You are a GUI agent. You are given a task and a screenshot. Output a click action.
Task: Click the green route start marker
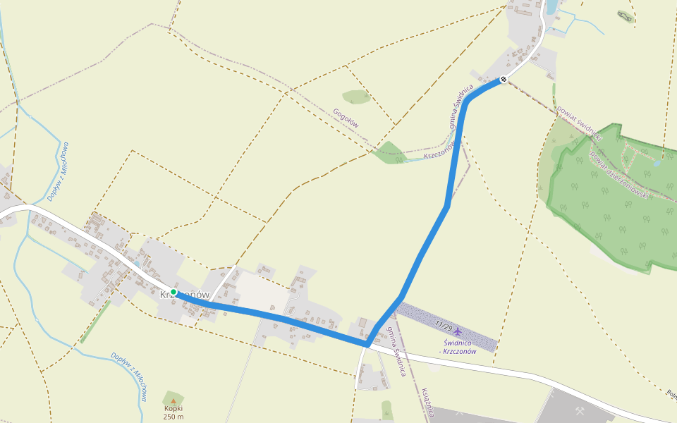click(x=173, y=292)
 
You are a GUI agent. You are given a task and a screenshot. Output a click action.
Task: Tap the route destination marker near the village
click(x=503, y=80)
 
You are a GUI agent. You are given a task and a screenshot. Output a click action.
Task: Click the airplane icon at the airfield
click(x=458, y=331)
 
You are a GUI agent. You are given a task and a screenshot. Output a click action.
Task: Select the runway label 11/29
click(x=444, y=326)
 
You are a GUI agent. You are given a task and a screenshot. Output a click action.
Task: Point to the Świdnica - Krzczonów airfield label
click(x=458, y=347)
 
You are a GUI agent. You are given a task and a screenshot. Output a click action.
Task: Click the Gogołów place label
click(x=346, y=118)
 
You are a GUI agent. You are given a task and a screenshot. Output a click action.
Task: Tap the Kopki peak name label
click(x=173, y=409)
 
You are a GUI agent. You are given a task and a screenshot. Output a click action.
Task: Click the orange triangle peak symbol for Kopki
click(x=173, y=400)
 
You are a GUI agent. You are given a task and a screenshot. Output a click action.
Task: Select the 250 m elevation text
click(x=173, y=417)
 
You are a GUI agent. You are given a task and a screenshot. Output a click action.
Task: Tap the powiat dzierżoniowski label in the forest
click(x=618, y=174)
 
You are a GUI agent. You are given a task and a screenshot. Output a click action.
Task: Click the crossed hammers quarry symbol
click(x=580, y=410)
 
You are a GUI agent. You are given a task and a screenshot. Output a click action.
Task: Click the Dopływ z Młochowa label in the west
click(x=57, y=171)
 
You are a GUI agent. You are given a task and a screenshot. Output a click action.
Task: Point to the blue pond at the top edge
click(x=551, y=7)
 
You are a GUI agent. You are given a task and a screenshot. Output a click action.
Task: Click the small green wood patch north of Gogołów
click(x=356, y=97)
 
